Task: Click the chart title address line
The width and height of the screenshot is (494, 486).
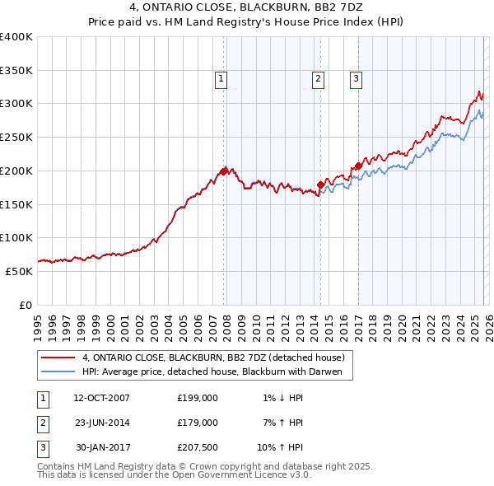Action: tap(247, 8)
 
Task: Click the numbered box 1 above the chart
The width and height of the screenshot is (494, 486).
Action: tap(222, 79)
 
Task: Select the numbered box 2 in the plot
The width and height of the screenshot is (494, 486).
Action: tap(318, 79)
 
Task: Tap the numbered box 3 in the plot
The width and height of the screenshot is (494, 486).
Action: tap(356, 79)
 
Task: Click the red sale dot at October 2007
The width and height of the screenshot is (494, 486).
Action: tap(223, 171)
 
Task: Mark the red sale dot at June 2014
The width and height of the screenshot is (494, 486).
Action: tap(320, 185)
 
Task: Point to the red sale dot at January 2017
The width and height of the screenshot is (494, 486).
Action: tap(358, 166)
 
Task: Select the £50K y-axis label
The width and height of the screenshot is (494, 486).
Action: tap(19, 271)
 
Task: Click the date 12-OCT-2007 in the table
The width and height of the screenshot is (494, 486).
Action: tap(101, 398)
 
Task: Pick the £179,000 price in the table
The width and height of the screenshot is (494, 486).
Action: tap(197, 422)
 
